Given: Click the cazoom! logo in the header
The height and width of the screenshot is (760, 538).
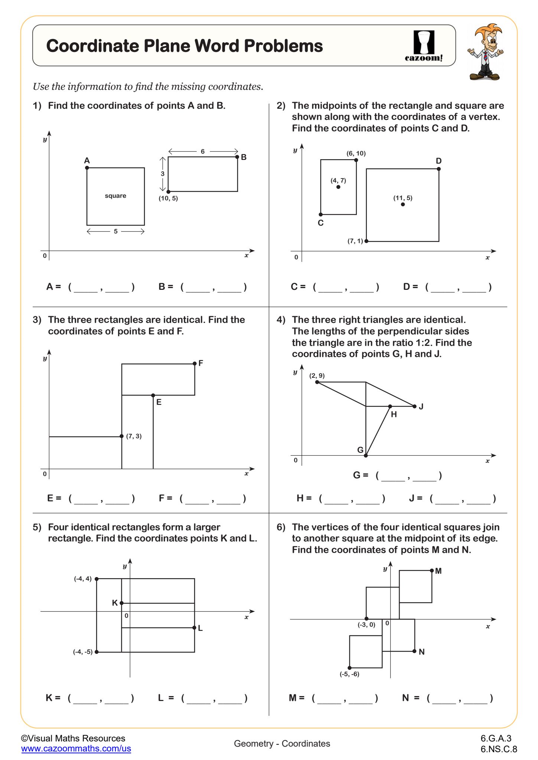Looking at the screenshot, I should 424,46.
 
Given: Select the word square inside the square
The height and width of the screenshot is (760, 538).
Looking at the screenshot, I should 115,196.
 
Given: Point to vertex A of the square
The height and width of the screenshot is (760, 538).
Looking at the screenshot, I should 87,168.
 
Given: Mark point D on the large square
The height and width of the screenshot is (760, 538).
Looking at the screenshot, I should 438,169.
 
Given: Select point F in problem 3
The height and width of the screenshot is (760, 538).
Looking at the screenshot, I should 195,364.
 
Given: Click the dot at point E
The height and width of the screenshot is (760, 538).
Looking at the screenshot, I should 153,395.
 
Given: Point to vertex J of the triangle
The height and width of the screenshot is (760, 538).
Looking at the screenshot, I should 415,406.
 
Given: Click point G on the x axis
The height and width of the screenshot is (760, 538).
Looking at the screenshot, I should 366,455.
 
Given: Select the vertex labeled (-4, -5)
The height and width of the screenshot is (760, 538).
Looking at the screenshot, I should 97,652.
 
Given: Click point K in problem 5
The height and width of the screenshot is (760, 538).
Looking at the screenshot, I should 122,603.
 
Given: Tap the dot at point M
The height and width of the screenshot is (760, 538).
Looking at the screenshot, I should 432,570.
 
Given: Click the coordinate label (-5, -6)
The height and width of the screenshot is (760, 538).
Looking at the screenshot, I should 349,674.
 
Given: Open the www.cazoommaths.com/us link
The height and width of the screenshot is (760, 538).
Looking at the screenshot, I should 76,748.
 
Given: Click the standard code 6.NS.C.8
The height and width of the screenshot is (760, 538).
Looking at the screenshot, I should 499,749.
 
